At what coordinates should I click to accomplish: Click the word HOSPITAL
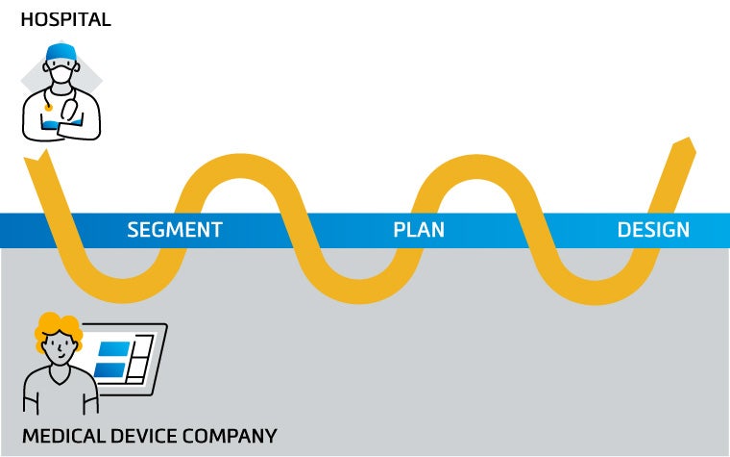tap(65, 19)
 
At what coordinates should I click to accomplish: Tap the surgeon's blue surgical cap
tap(61, 51)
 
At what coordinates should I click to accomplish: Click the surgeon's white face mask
tap(61, 73)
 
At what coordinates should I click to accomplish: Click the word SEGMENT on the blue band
tap(175, 230)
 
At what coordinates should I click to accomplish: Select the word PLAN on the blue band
tap(419, 230)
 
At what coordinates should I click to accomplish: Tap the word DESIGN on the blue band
tap(653, 230)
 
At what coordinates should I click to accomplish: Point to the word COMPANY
tap(230, 436)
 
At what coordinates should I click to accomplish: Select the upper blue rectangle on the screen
tap(114, 348)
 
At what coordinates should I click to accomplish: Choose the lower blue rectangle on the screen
tap(109, 369)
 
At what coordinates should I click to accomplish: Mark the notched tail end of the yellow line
tap(34, 160)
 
